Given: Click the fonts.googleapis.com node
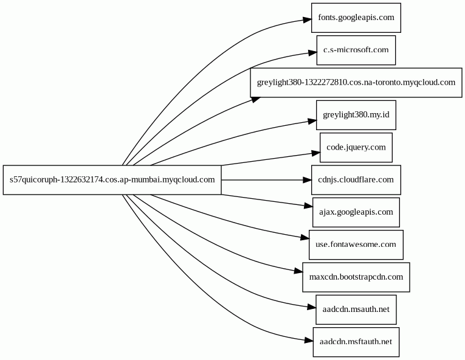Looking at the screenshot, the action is pyautogui.click(x=356, y=18).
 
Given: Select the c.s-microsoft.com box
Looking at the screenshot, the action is pyautogui.click(x=356, y=50).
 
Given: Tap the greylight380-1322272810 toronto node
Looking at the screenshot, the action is pyautogui.click(x=356, y=83).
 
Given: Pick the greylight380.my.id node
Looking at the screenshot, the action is pyautogui.click(x=356, y=115).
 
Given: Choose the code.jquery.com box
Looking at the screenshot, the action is pyautogui.click(x=356, y=148).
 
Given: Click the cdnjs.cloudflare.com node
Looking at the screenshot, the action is pyautogui.click(x=356, y=180).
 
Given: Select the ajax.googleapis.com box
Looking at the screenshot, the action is pyautogui.click(x=356, y=212).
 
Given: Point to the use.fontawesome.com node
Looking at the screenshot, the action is pyautogui.click(x=356, y=244).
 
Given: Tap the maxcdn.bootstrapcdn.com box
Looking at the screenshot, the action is pyautogui.click(x=356, y=277).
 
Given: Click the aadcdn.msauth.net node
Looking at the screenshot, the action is pyautogui.click(x=356, y=310).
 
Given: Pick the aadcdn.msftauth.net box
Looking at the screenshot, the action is pyautogui.click(x=356, y=342).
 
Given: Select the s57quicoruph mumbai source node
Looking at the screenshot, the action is pyautogui.click(x=112, y=180).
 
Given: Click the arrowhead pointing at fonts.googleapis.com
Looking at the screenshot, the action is pyautogui.click(x=307, y=20).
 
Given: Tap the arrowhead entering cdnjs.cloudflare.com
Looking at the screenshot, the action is pyautogui.click(x=307, y=180).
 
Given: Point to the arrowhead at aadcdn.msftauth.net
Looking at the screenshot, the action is pyautogui.click(x=309, y=341).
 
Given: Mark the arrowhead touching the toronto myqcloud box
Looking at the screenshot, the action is pyautogui.click(x=257, y=100).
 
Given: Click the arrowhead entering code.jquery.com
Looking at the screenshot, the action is pyautogui.click(x=316, y=153).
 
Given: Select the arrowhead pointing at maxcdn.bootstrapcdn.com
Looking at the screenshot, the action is pyautogui.click(x=298, y=271).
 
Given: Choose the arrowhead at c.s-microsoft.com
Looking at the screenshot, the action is pyautogui.click(x=312, y=53).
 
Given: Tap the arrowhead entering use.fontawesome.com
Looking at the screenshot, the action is pyautogui.click(x=305, y=238).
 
